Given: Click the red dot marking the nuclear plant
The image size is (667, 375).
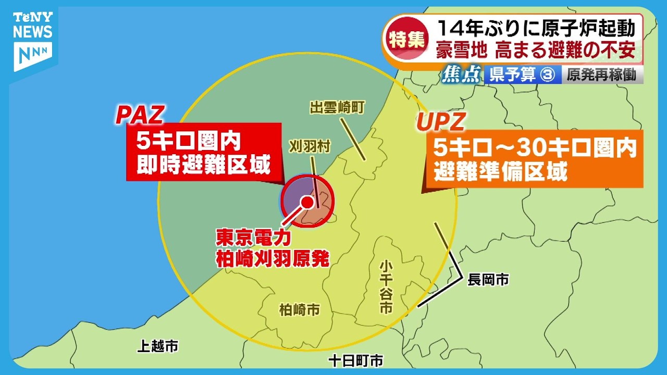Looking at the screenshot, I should (x=308, y=202).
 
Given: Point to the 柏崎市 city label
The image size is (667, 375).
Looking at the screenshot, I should (x=300, y=310).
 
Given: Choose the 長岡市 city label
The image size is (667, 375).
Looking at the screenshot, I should (x=488, y=280).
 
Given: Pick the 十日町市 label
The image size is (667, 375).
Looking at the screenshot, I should (x=356, y=360).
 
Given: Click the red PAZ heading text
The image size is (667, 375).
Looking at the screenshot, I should (x=140, y=115).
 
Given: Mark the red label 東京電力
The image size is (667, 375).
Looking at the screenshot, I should (x=253, y=238).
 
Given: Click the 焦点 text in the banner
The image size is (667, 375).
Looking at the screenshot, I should (x=461, y=76).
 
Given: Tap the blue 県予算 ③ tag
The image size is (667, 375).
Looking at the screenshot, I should (x=521, y=76).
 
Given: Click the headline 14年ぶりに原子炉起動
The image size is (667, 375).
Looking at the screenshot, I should (x=537, y=27).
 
